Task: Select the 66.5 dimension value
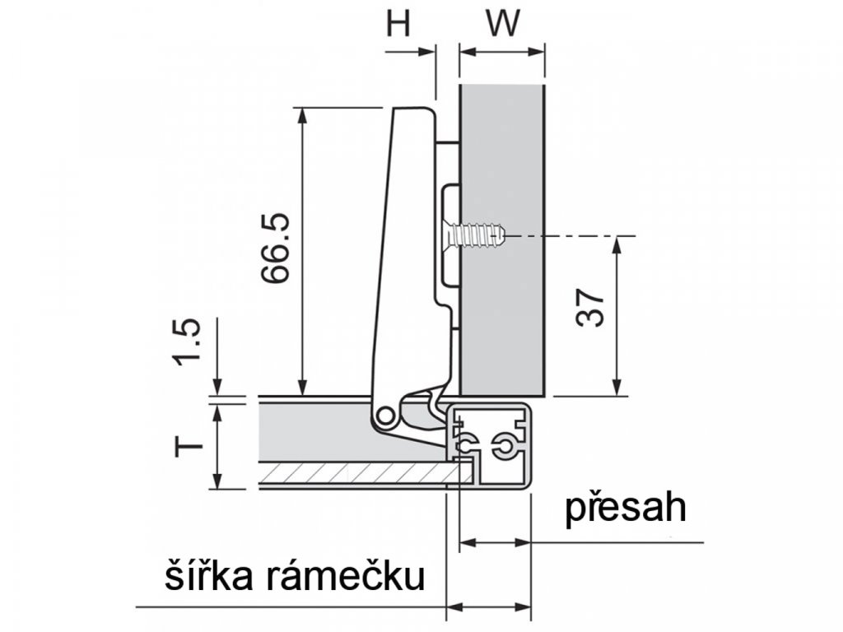(276, 248)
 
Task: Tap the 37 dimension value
(589, 308)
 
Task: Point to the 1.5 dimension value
(188, 342)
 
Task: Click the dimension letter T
(189, 447)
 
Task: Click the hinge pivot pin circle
(384, 416)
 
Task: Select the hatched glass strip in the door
(361, 472)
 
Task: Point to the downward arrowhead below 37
(617, 387)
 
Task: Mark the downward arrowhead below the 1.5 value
(217, 387)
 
